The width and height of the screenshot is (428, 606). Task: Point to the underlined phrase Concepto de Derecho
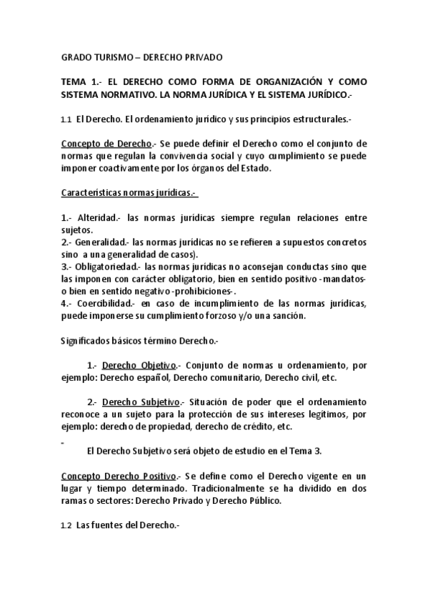tap(106, 143)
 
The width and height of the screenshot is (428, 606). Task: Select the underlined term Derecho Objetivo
tap(139, 364)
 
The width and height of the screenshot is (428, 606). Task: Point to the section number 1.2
tap(66, 525)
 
